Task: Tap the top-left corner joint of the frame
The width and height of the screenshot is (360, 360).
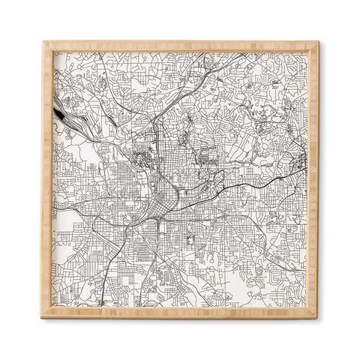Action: [46, 45]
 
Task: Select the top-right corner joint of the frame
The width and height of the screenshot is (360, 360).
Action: [315, 45]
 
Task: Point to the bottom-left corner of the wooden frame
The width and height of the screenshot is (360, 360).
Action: [46, 315]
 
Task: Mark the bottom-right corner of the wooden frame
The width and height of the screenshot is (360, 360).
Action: [315, 315]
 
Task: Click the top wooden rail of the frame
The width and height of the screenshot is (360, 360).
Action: [180, 46]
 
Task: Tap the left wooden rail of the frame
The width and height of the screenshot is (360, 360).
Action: [46, 180]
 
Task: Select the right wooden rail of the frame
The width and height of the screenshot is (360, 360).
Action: [314, 180]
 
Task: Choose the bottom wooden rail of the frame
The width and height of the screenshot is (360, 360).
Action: [180, 314]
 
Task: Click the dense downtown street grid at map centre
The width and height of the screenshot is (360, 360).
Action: [161, 199]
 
